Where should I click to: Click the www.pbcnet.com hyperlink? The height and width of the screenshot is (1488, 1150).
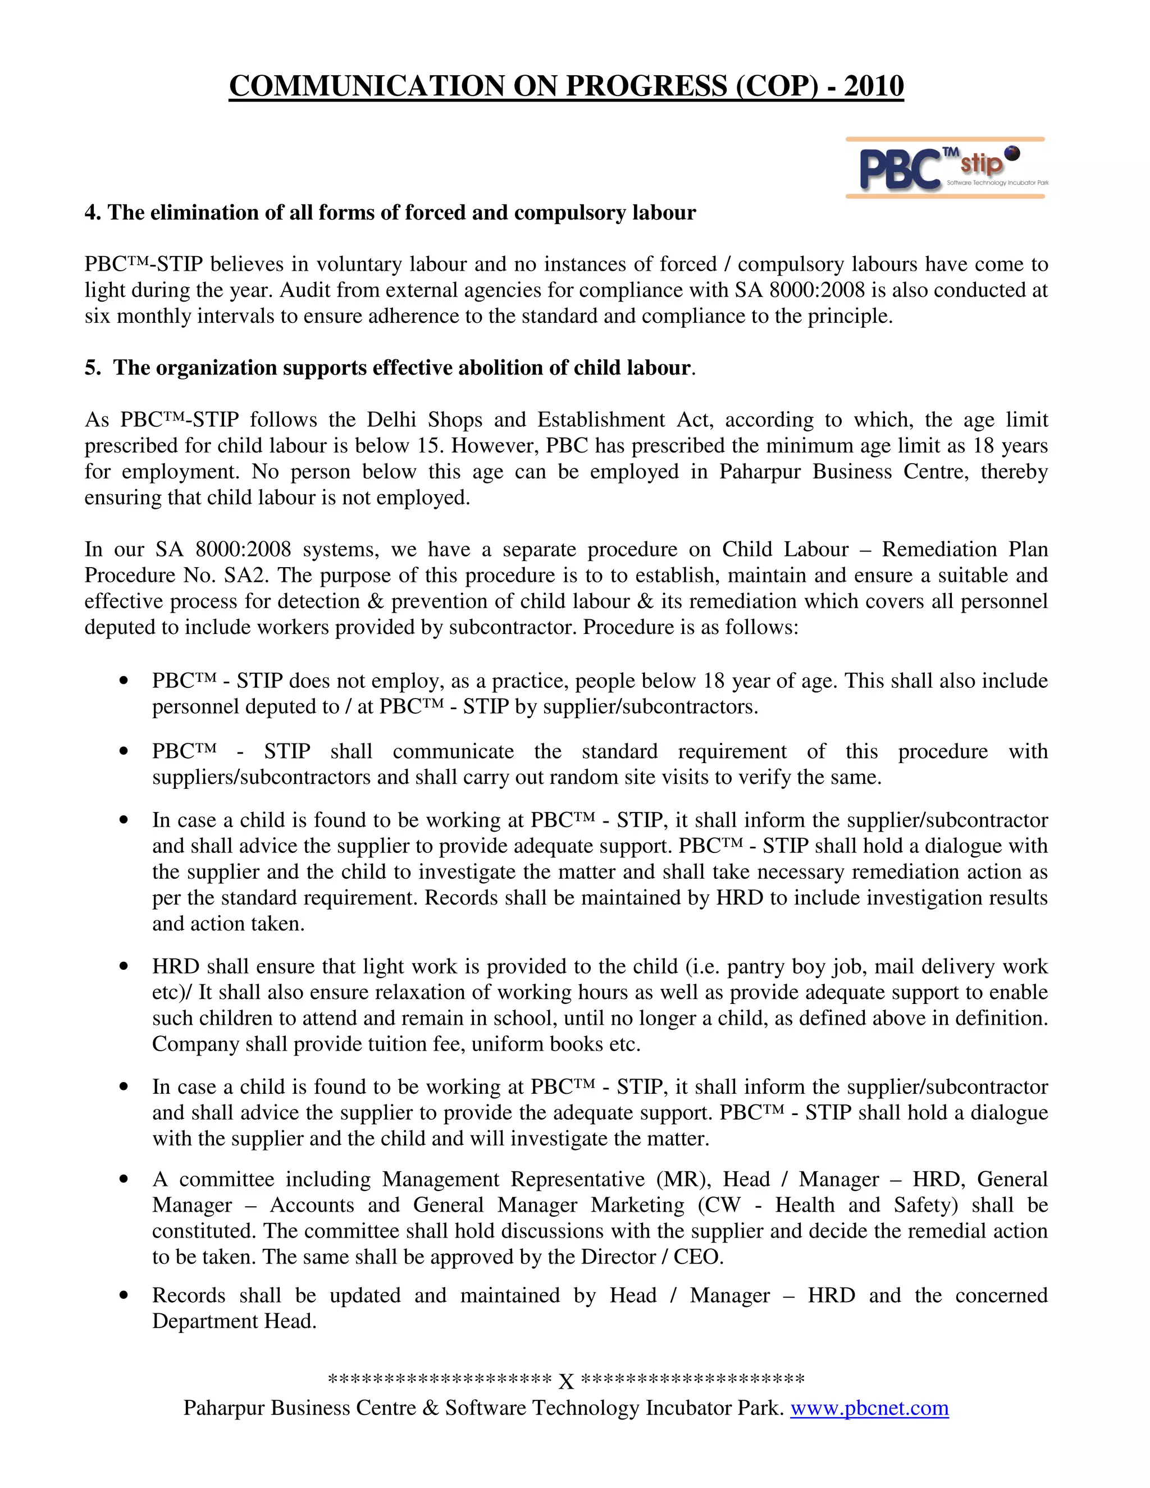869,1408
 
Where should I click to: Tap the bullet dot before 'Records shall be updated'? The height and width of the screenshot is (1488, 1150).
124,1295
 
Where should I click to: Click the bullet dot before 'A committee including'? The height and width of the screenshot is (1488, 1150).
124,1179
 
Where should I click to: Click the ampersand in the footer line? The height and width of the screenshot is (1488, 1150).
431,1408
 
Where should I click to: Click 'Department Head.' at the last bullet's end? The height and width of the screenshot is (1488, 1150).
234,1321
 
